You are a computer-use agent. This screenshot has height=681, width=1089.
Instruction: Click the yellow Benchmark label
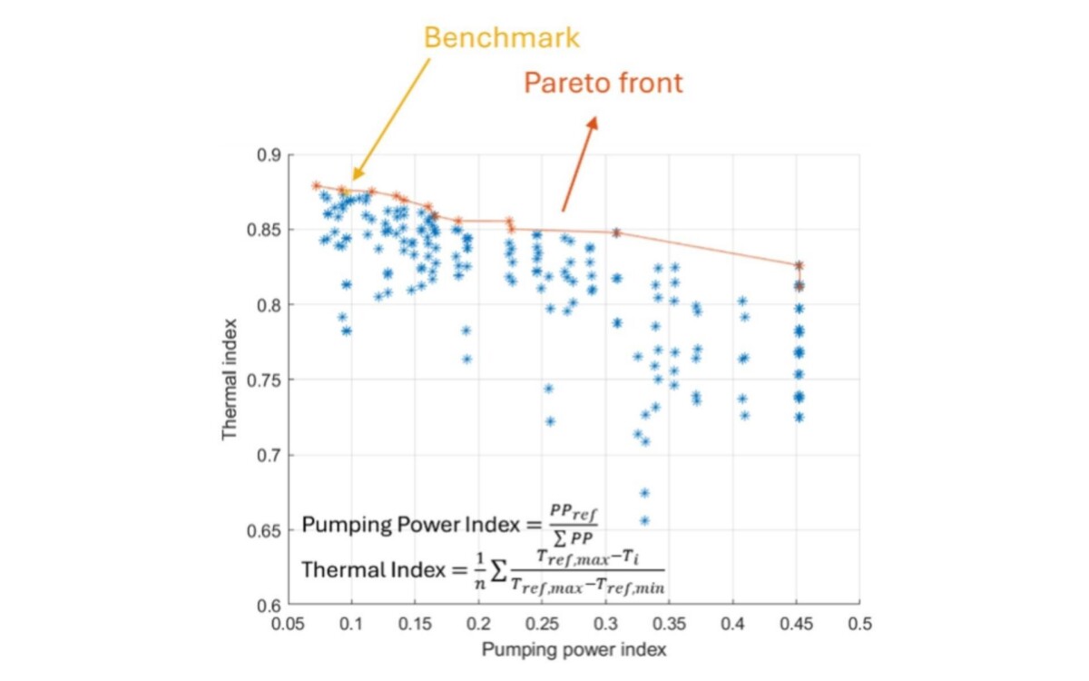[501, 38]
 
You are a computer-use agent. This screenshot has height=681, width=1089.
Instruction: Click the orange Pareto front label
[603, 84]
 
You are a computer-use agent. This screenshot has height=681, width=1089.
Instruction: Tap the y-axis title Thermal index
[230, 379]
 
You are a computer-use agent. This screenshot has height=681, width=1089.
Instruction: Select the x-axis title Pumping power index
[574, 650]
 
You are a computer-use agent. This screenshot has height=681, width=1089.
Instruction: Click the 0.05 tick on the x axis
[288, 626]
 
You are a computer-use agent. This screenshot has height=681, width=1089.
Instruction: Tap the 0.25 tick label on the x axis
[542, 626]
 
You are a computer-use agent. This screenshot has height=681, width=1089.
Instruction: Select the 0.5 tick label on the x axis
[859, 626]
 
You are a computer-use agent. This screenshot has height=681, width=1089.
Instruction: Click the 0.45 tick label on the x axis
[796, 626]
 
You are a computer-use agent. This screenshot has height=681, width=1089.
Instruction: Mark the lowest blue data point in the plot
[644, 521]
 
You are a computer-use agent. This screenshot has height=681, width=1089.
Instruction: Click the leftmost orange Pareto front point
[316, 185]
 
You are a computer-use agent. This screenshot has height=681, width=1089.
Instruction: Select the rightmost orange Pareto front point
[799, 265]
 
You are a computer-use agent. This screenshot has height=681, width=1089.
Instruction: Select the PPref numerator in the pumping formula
[574, 511]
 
